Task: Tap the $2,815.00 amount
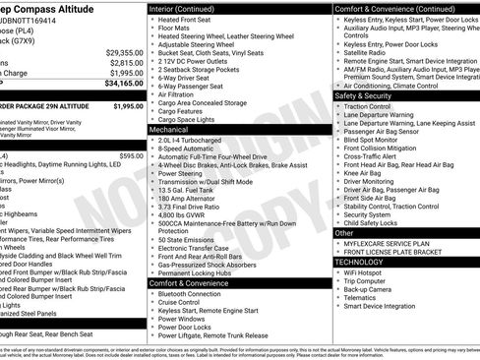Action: (x=121, y=63)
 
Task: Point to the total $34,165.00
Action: (x=118, y=85)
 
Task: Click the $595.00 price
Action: (x=130, y=155)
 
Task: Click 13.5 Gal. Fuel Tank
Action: (x=193, y=190)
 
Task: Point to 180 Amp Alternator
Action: (x=191, y=200)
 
